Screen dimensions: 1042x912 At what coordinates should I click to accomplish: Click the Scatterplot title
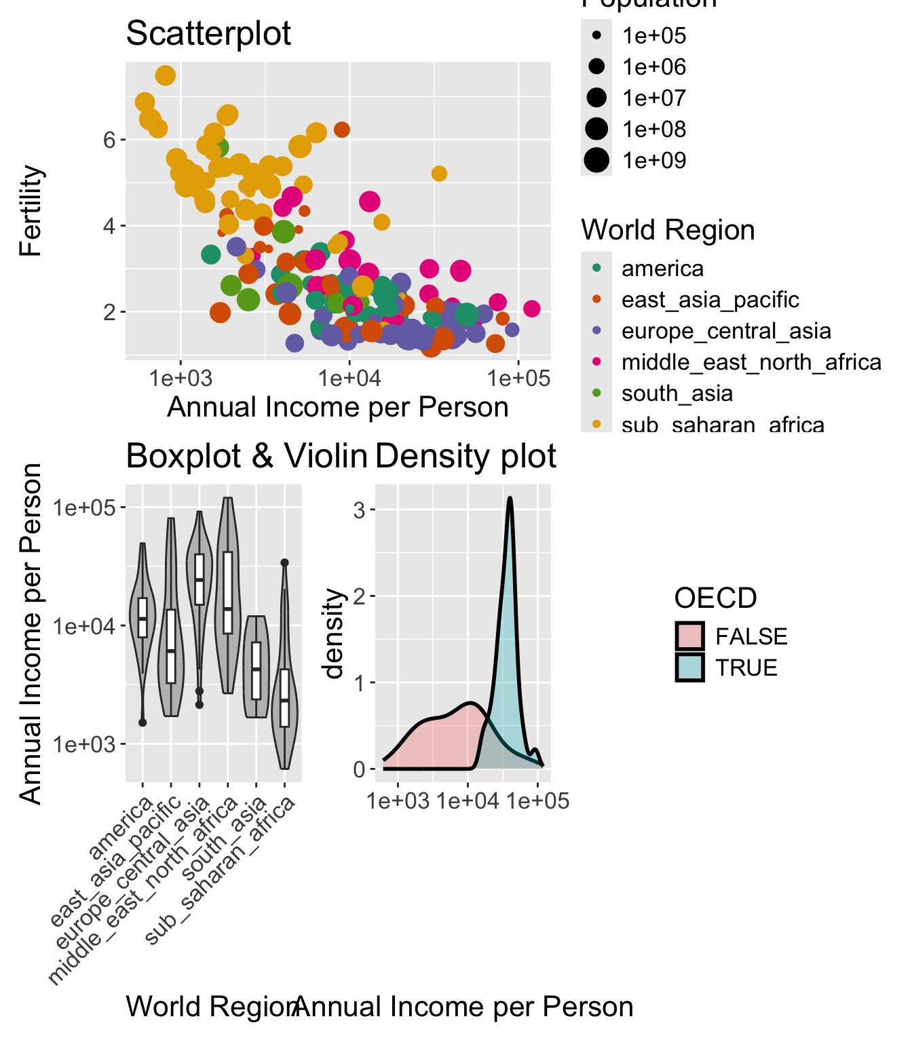click(x=208, y=33)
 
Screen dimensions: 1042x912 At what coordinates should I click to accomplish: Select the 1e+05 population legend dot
click(x=596, y=35)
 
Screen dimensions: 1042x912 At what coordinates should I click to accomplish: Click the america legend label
click(x=662, y=269)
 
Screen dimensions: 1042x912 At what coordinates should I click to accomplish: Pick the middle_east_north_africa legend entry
click(x=751, y=362)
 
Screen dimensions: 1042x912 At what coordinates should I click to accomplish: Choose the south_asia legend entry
click(x=677, y=393)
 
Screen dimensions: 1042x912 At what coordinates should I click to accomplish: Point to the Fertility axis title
click(x=31, y=210)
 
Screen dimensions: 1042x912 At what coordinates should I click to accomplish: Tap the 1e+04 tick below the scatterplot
click(x=349, y=379)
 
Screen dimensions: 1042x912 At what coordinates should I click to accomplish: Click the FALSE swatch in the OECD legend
click(x=689, y=636)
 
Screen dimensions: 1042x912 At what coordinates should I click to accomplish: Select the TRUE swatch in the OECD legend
click(x=689, y=668)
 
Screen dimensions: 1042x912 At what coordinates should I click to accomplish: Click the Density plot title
click(x=465, y=456)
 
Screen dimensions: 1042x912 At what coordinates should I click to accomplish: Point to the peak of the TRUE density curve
click(x=510, y=499)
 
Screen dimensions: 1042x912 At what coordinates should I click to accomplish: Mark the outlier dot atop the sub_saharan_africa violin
click(x=285, y=562)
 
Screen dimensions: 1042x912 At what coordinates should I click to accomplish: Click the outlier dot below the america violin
click(x=142, y=722)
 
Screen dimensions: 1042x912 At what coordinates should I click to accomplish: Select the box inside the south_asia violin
click(x=256, y=670)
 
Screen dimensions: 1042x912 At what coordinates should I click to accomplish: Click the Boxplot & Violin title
click(x=246, y=456)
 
